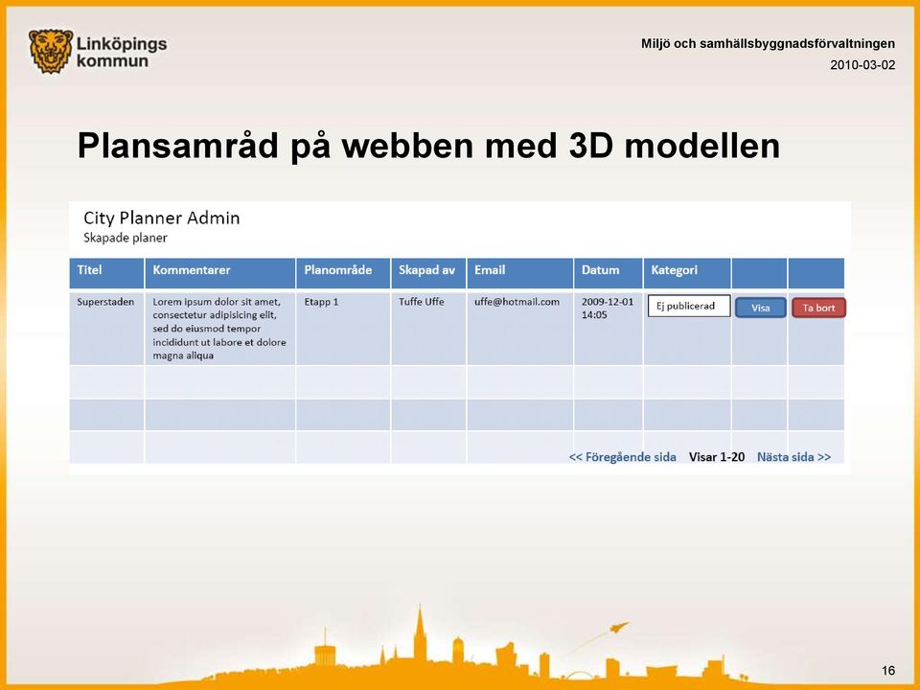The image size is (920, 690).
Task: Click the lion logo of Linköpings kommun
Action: [x=51, y=52]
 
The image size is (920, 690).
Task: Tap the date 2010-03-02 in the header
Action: [x=862, y=65]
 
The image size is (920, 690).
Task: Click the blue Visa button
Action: [x=760, y=308]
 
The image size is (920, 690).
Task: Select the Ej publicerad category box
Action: [x=689, y=306]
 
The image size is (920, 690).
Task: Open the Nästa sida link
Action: [x=793, y=457]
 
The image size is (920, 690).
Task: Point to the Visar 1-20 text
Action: [x=717, y=457]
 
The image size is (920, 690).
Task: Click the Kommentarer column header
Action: [x=192, y=270]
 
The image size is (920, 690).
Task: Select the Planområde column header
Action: [x=338, y=270]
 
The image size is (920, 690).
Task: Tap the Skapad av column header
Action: [x=426, y=270]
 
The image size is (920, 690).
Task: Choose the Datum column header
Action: [x=600, y=270]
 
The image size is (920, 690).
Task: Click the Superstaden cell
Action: [x=105, y=302]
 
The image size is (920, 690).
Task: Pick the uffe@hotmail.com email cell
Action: [x=517, y=302]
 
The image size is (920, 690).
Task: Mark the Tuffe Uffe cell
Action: [x=422, y=302]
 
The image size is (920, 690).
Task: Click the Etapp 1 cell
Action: [x=321, y=302]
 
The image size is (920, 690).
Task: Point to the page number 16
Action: [x=888, y=671]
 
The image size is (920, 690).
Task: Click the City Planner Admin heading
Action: [x=161, y=218]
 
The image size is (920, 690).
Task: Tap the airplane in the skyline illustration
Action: [x=619, y=628]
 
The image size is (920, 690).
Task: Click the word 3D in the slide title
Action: [x=591, y=146]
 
